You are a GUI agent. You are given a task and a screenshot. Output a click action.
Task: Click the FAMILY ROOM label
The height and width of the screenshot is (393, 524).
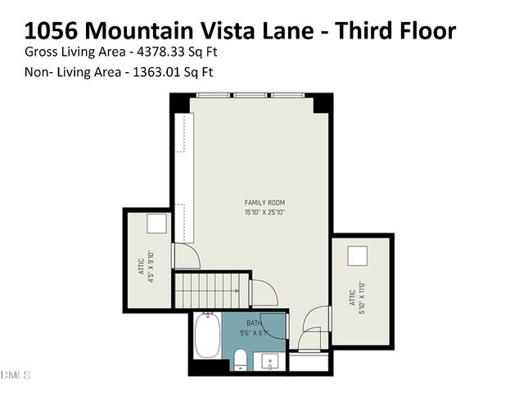tap(264, 202)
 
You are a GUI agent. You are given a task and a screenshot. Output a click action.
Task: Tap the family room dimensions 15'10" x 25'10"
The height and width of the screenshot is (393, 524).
tap(264, 212)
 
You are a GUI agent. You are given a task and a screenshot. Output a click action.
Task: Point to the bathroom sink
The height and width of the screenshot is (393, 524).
tap(270, 360)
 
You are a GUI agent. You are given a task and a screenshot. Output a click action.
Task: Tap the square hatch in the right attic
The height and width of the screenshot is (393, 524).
tap(359, 255)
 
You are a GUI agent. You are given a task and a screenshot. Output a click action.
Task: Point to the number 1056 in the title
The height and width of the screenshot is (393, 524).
tap(52, 31)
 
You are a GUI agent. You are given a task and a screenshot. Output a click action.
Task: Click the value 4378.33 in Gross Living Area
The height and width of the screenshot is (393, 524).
tap(161, 52)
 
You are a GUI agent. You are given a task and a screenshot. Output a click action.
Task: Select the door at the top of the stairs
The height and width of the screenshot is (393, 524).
tap(262, 291)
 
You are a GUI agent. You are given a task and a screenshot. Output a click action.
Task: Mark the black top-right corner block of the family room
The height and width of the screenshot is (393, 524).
tap(323, 103)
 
